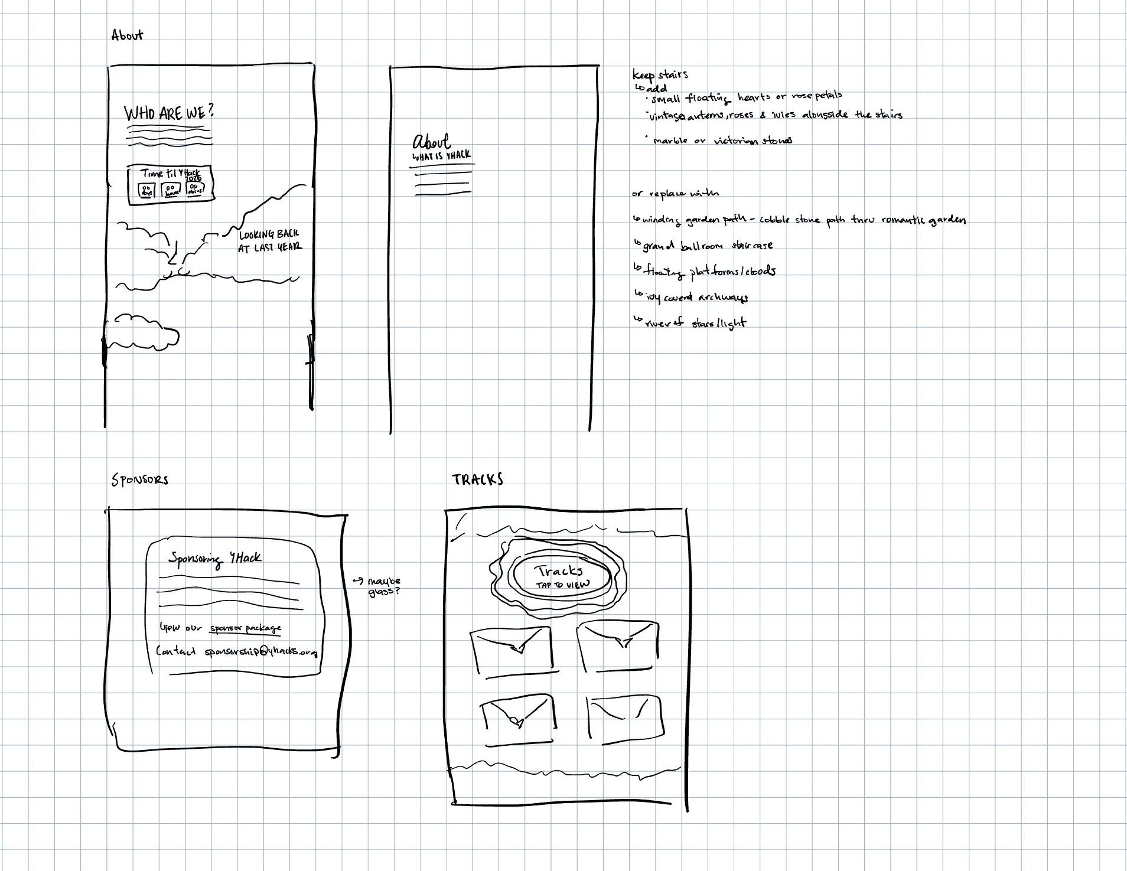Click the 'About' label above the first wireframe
tap(127, 35)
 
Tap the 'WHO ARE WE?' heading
tap(169, 112)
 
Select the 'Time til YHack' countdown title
tap(171, 174)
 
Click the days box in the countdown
tap(145, 190)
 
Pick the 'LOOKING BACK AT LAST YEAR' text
tap(269, 241)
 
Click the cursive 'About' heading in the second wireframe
tap(432, 142)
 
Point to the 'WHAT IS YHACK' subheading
tap(441, 156)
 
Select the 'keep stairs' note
tap(660, 75)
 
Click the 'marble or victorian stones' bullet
tap(722, 141)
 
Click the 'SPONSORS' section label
tap(140, 479)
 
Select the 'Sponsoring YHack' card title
tap(214, 559)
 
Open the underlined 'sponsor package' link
tap(246, 628)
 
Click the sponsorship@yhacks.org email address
tap(260, 652)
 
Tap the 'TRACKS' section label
tap(477, 479)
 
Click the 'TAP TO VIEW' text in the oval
tap(562, 585)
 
